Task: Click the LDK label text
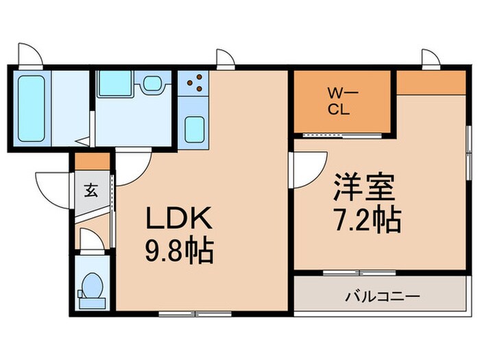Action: pyautogui.click(x=180, y=218)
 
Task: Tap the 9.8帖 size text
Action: pyautogui.click(x=180, y=252)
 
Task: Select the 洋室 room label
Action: pyautogui.click(x=364, y=187)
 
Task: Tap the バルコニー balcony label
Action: pyautogui.click(x=383, y=296)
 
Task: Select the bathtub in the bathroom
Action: pyautogui.click(x=32, y=108)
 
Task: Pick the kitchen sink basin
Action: pyautogui.click(x=195, y=129)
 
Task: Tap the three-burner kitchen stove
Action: pyautogui.click(x=193, y=83)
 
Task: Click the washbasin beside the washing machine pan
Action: pyautogui.click(x=152, y=83)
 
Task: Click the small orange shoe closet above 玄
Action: pyautogui.click(x=93, y=162)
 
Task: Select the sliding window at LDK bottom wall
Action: pyautogui.click(x=195, y=314)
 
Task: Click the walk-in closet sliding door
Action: pyautogui.click(x=342, y=136)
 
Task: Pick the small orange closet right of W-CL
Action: pyautogui.click(x=431, y=83)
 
